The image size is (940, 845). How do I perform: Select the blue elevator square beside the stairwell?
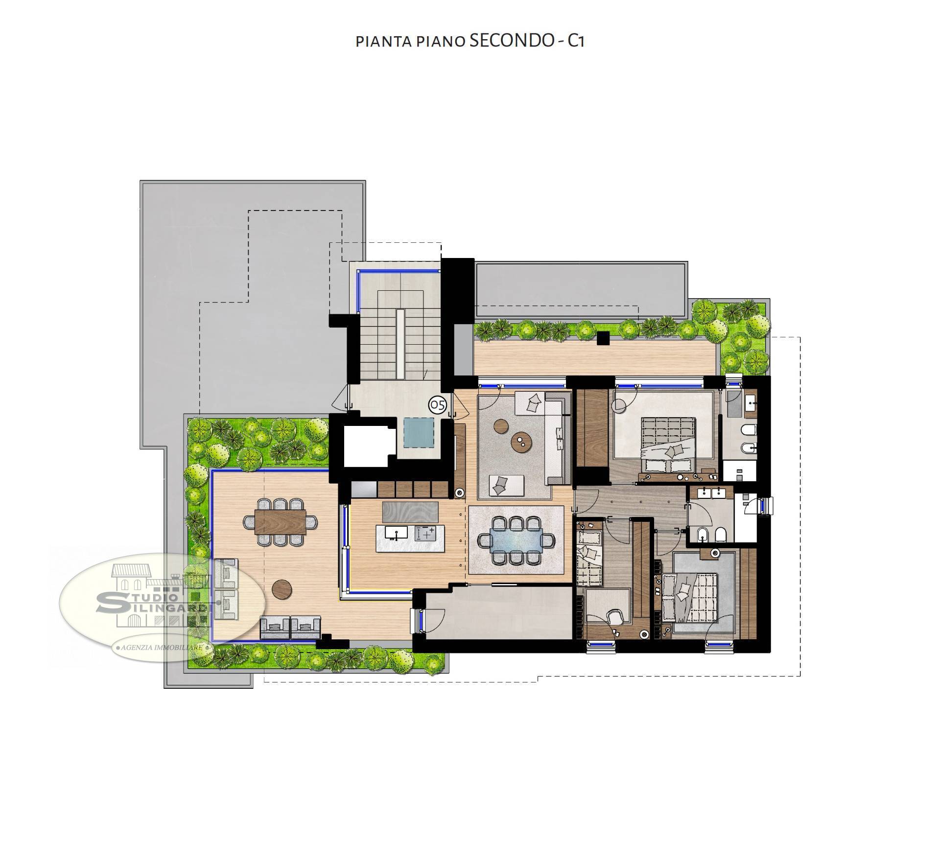(x=419, y=432)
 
